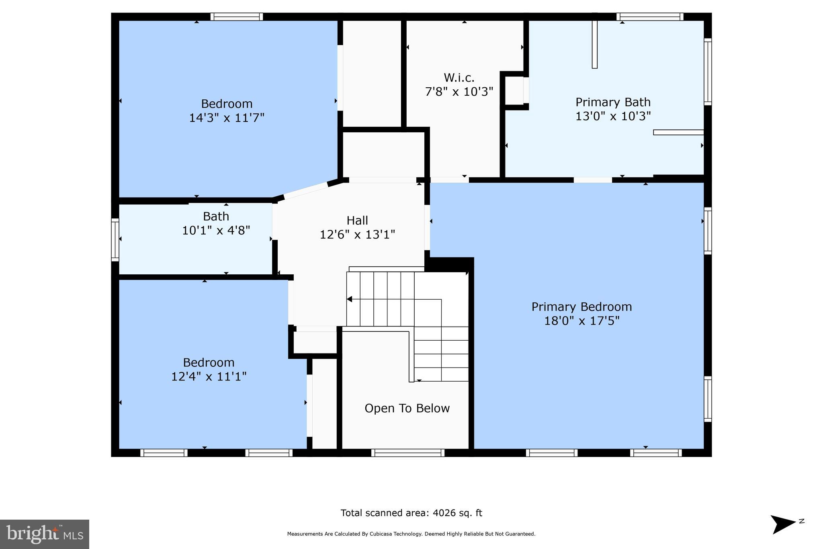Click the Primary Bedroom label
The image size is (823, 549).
(581, 307)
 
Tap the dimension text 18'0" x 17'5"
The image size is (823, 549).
(581, 321)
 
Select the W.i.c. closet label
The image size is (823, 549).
(459, 78)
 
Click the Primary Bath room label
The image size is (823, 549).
(613, 102)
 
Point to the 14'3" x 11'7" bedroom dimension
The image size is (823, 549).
(227, 118)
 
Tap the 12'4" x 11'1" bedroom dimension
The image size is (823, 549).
(209, 376)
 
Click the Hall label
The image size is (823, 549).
(357, 220)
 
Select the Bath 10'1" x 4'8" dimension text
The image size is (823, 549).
(216, 230)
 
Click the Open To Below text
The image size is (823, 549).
(407, 408)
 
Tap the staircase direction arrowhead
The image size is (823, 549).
(349, 299)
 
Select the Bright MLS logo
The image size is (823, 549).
(45, 534)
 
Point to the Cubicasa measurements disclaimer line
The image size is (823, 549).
(411, 534)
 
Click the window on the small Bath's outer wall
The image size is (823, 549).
(115, 240)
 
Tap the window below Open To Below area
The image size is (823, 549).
(407, 453)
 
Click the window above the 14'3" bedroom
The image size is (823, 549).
(237, 17)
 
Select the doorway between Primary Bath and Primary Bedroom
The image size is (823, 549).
(592, 180)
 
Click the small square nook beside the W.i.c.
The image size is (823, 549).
(514, 90)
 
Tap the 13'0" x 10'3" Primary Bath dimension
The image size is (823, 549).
(613, 116)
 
